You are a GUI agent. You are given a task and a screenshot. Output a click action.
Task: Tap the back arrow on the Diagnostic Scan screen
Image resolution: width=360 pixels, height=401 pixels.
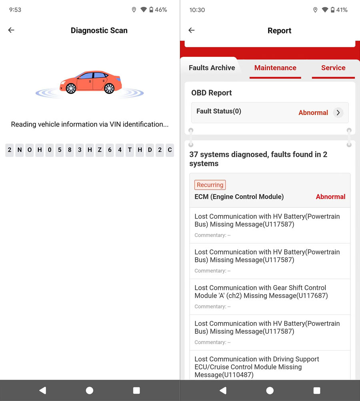[x=11, y=30]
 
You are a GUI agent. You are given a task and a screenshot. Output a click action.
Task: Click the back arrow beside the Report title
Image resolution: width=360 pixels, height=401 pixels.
[x=192, y=30]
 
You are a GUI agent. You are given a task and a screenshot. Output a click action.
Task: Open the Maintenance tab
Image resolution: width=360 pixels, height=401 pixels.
[x=275, y=68]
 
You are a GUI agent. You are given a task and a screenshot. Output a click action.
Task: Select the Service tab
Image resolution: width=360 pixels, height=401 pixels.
[x=333, y=68]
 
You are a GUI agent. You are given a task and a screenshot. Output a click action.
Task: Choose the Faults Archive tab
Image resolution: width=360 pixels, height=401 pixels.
[x=212, y=68]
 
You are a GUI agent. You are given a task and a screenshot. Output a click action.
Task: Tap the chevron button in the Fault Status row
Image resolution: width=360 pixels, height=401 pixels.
[x=338, y=113]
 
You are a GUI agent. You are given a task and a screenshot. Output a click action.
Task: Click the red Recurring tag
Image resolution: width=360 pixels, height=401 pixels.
[x=210, y=185]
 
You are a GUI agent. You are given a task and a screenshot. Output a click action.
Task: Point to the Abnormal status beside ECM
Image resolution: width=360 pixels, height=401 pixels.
[x=330, y=196]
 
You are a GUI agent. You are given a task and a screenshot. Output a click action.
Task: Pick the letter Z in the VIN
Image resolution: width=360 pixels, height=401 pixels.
[x=100, y=150]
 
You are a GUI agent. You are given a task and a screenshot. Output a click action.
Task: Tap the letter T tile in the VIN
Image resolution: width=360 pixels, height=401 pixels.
[x=130, y=150]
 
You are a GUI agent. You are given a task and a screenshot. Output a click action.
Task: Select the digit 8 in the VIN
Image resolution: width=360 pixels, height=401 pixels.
[x=70, y=150]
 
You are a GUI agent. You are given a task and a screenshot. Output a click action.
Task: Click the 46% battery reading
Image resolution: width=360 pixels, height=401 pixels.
[x=161, y=10]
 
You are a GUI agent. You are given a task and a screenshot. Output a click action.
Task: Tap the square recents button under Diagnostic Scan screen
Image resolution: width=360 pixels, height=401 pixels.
[x=136, y=390]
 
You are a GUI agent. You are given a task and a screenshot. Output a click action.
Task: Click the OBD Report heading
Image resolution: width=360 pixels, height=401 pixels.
[x=212, y=93]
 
